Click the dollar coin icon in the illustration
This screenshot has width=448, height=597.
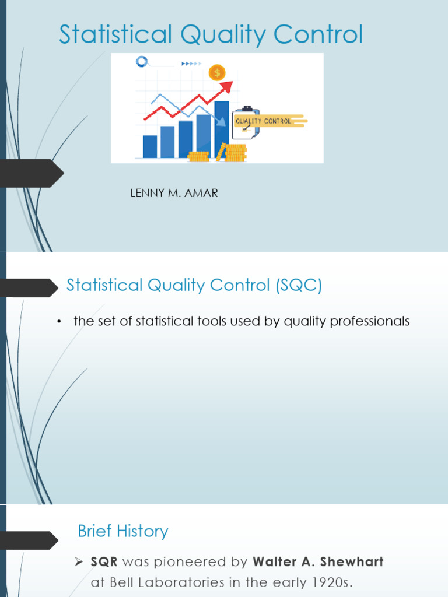pos(217,73)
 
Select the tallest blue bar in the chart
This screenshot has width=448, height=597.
pos(222,129)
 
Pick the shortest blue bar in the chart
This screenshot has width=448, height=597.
pos(150,146)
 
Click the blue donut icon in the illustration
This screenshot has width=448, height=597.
pos(141,61)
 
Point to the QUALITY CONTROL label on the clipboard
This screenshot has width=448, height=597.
pos(262,121)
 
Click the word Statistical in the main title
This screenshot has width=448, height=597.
pos(115,35)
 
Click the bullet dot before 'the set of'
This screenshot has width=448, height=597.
pos(60,322)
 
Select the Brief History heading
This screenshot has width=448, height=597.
pos(123,531)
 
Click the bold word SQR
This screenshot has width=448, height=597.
pos(104,562)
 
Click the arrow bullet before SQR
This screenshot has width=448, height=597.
pos(81,562)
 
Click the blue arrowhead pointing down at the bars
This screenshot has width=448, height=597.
pos(222,121)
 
